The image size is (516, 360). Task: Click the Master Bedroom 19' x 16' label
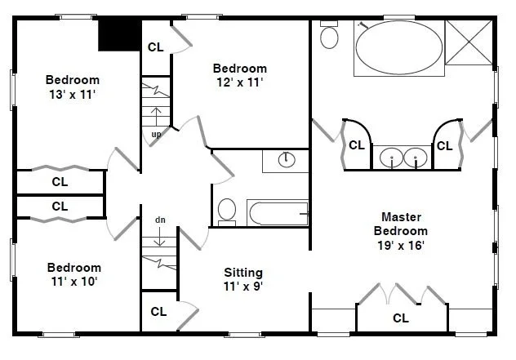point(401,231)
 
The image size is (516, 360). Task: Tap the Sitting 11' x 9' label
point(243,279)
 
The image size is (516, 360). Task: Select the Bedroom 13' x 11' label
point(73,87)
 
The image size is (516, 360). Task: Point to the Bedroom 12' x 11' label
point(239,75)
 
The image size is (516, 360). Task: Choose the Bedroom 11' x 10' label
point(74,274)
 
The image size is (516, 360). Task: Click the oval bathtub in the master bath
point(399,48)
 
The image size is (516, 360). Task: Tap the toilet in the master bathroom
point(329,34)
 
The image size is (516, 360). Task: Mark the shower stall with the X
point(469,42)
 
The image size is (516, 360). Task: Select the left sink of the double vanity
point(391,158)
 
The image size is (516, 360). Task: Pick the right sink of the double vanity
point(416,158)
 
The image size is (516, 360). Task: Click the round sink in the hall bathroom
point(287,160)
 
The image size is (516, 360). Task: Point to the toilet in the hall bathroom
point(227,212)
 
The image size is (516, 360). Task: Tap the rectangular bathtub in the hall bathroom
point(278,213)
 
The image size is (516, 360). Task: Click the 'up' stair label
point(156,134)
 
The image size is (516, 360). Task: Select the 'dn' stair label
point(160,220)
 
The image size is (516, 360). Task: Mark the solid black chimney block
point(120,34)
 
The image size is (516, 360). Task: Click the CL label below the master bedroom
point(401,318)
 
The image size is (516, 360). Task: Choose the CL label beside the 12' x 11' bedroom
point(156,47)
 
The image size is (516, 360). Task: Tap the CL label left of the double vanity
point(357,145)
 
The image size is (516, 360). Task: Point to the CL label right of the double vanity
point(445,146)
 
